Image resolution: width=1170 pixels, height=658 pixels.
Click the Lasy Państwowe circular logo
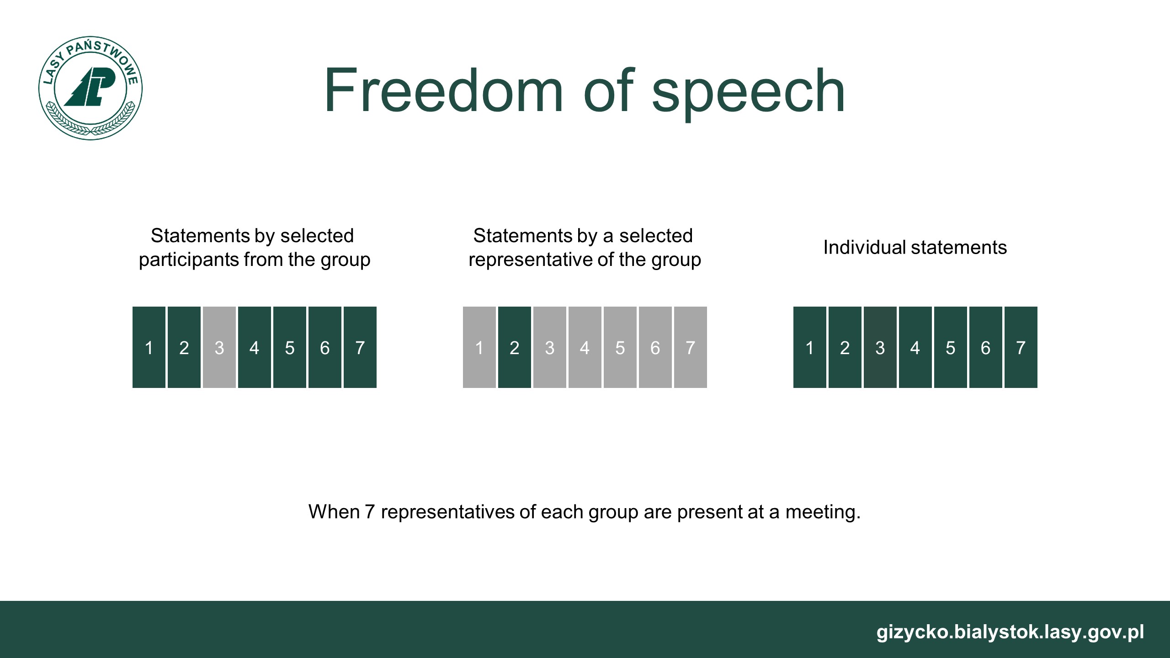click(90, 88)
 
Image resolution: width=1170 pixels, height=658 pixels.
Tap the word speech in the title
click(748, 93)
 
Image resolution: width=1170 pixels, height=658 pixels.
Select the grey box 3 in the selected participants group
click(219, 347)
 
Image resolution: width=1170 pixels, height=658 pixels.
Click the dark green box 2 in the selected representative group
click(515, 347)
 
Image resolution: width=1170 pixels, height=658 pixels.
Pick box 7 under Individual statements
click(1021, 347)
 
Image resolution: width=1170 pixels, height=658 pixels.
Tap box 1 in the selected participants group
click(149, 347)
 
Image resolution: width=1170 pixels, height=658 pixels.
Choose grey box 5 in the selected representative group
click(620, 347)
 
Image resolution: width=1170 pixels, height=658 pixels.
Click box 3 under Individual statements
click(880, 347)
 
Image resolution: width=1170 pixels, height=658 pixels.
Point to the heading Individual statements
click(915, 248)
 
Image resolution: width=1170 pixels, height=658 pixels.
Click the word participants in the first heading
click(188, 260)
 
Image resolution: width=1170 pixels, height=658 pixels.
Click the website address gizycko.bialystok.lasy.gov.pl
click(1010, 632)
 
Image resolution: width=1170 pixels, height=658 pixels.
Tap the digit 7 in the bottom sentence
click(370, 512)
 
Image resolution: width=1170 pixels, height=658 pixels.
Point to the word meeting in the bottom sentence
click(823, 512)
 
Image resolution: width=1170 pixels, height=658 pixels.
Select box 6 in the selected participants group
click(325, 347)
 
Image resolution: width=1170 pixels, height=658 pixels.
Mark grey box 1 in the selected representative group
click(479, 347)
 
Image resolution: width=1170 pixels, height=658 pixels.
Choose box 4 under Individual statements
click(915, 347)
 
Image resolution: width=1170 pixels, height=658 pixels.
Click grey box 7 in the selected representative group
click(691, 347)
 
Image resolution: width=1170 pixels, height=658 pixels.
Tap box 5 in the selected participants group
click(290, 347)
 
